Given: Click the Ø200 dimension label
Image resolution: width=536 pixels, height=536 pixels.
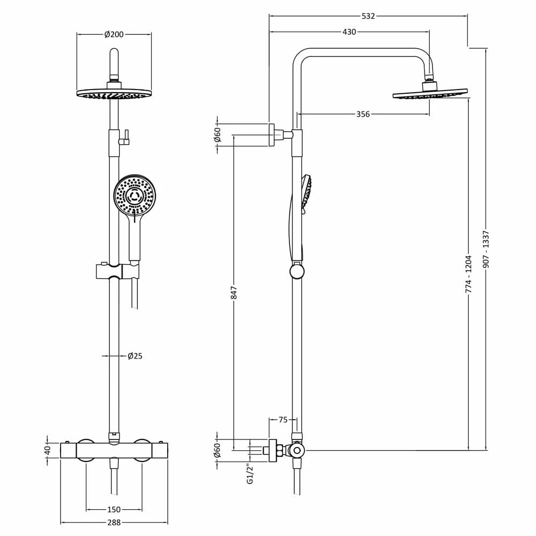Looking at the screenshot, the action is point(114,34).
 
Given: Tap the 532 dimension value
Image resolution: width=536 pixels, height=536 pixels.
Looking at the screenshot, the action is point(368,16).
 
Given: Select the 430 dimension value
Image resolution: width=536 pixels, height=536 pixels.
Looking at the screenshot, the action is point(349,32).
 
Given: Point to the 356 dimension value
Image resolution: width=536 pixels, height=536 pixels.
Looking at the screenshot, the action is point(363,114).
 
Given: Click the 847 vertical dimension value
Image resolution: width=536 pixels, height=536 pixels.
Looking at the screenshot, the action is point(234,293).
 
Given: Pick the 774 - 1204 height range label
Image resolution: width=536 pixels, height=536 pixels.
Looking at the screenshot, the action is point(468,274).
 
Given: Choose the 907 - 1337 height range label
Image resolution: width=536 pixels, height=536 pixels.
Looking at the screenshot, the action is point(487,249).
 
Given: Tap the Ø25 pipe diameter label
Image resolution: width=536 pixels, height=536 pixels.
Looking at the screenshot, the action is point(135,356).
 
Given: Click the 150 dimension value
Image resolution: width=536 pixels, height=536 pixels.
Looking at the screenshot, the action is point(114,510).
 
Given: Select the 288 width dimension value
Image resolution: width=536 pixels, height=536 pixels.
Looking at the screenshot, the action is point(114,523).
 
